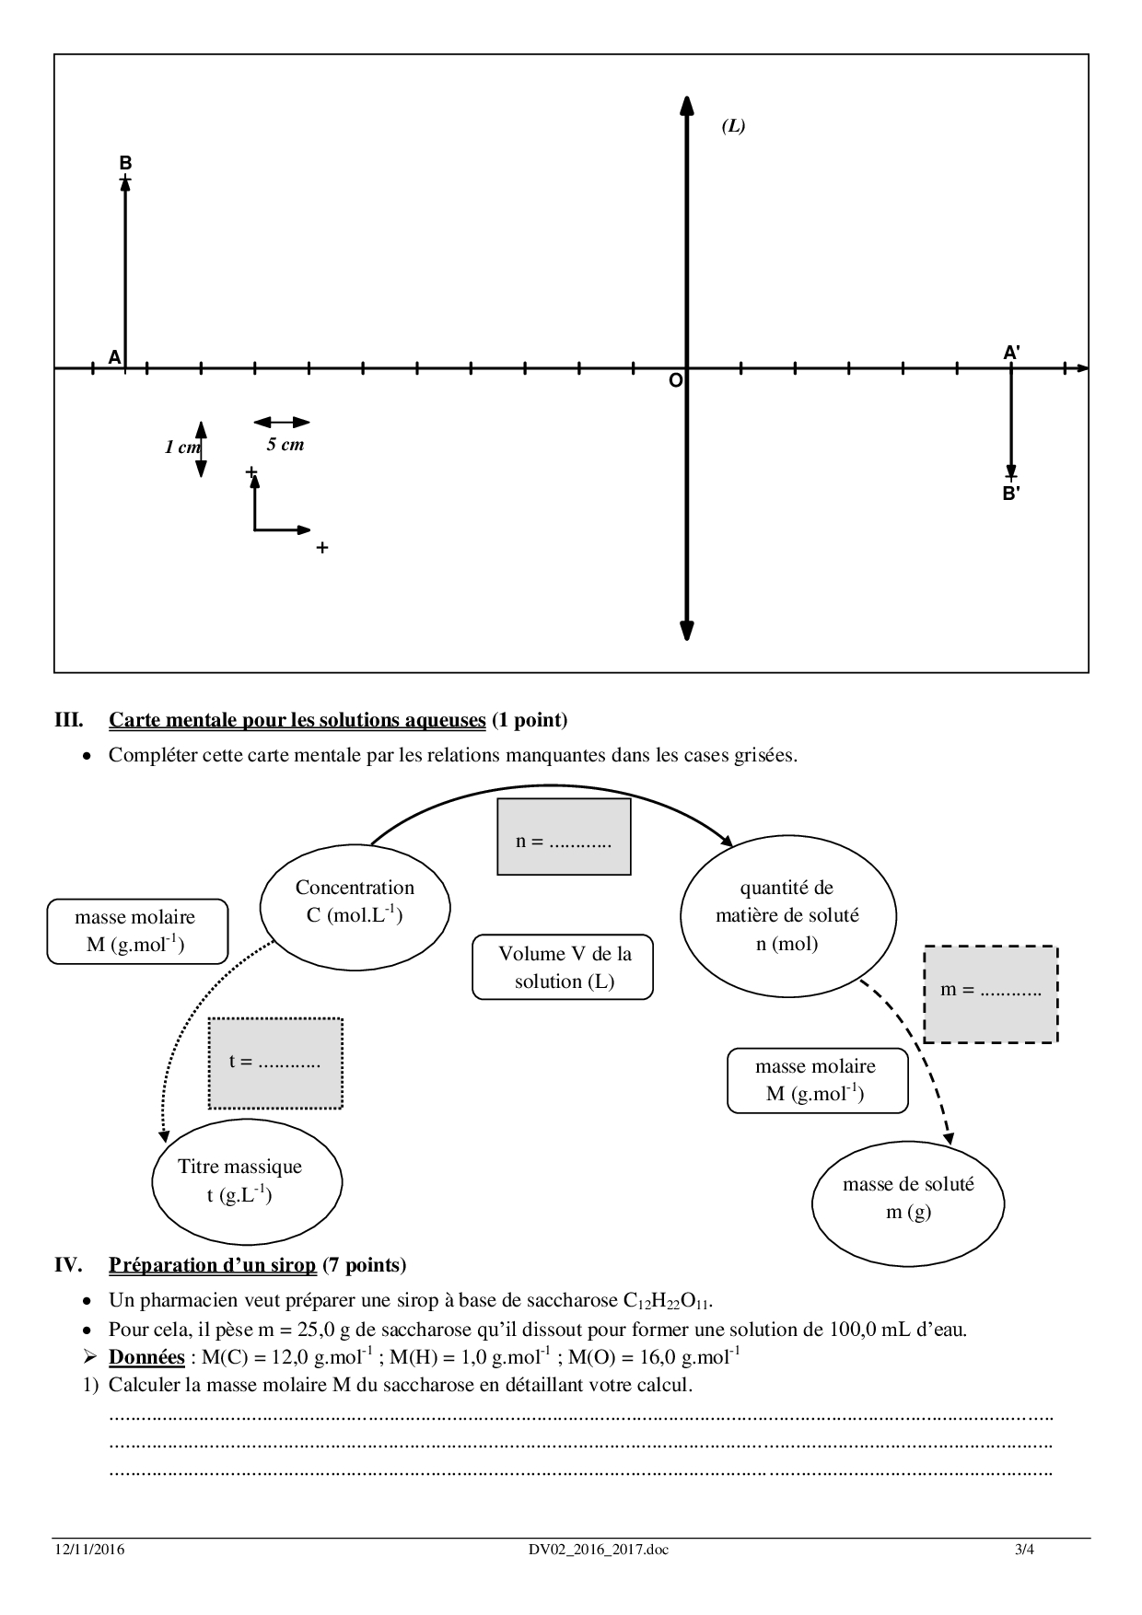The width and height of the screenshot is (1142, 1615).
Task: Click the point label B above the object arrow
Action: coord(125,163)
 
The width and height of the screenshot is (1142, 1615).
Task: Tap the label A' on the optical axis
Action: coord(1011,353)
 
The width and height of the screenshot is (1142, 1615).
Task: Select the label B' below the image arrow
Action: coord(1010,494)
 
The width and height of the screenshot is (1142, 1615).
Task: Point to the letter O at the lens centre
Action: coord(675,380)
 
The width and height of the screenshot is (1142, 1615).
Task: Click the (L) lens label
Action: coord(733,126)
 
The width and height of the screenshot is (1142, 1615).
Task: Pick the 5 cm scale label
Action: coord(285,445)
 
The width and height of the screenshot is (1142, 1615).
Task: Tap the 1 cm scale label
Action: coord(181,447)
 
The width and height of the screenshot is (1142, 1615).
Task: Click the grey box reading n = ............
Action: coord(564,836)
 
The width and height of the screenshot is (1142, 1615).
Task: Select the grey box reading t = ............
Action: coord(275,1063)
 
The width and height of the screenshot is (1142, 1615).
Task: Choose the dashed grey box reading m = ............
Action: coord(990,993)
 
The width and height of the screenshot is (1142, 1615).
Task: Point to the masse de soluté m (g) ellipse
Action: coord(908,1198)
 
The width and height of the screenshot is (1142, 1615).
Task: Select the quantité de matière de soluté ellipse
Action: coord(787,915)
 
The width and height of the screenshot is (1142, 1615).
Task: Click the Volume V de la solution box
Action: coord(563,967)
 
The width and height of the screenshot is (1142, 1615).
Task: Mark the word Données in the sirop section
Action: coord(146,1357)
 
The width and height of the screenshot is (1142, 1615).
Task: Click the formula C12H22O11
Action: coord(668,1301)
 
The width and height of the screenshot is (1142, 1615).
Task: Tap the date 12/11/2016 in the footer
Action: coord(89,1550)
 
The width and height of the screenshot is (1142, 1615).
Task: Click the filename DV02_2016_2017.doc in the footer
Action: coord(592,1550)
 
